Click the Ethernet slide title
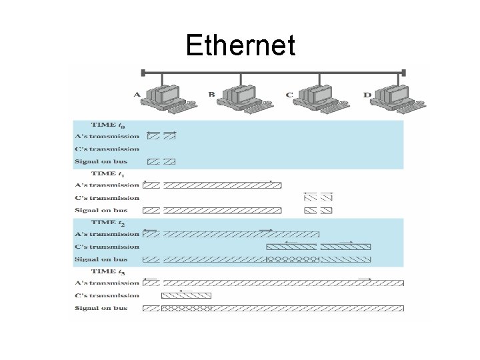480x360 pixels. click(x=240, y=46)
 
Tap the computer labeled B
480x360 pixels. click(x=241, y=96)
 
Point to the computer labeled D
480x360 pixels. click(x=396, y=96)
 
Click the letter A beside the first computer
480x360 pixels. click(x=137, y=95)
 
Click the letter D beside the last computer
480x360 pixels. click(x=367, y=95)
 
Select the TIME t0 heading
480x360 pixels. click(x=107, y=125)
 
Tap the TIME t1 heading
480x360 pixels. click(x=107, y=173)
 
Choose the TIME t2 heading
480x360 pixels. click(x=107, y=222)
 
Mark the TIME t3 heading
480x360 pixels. click(x=107, y=271)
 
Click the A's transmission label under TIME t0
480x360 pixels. click(x=107, y=137)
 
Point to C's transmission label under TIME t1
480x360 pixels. click(x=107, y=198)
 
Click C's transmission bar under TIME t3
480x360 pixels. click(x=186, y=295)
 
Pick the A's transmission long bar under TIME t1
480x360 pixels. click(x=222, y=185)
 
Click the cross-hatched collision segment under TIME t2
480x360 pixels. click(x=293, y=259)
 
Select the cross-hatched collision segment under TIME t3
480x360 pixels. click(x=186, y=308)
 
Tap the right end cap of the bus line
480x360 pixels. click(x=403, y=72)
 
